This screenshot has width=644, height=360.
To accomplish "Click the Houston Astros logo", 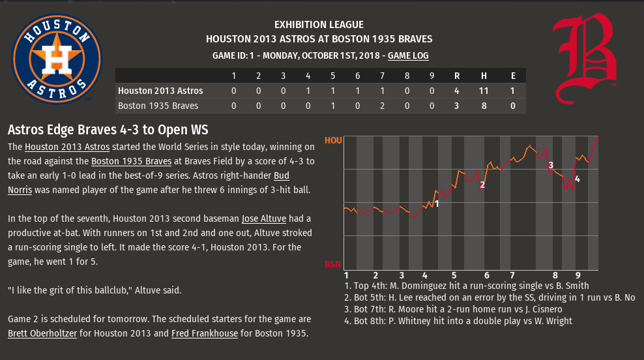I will (57, 58).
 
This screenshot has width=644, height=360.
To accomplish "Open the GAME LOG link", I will (408, 56).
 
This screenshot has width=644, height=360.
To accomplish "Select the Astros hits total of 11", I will (484, 91).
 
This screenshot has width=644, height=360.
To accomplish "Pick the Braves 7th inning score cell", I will (383, 105).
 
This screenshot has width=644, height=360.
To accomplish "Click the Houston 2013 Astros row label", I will (160, 91).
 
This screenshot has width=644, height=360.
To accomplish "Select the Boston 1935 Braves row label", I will (158, 105).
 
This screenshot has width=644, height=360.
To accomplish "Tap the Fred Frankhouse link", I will (205, 334).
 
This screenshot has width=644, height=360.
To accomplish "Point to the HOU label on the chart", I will (332, 140).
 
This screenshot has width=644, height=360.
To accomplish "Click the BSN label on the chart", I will (332, 264).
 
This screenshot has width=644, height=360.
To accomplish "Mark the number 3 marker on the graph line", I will (551, 165).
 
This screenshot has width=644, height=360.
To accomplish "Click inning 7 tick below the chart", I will (512, 275).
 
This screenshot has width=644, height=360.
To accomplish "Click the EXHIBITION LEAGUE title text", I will (319, 25).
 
